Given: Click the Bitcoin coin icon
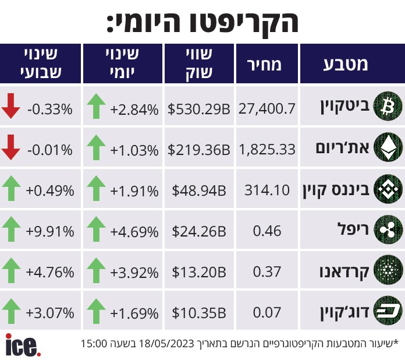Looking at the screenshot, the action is coord(388,106).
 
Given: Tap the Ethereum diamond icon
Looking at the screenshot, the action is coord(388,147).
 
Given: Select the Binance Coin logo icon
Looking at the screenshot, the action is coord(388,189).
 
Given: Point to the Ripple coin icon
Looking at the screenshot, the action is coord(388,230).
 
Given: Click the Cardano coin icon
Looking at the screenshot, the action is coord(388,270).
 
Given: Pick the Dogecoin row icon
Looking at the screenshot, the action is coord(388,311).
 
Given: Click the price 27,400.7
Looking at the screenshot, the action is coord(267,108).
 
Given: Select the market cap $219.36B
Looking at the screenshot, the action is coord(198,150).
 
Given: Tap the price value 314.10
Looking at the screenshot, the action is coord(267,190).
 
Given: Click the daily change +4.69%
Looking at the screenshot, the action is coord(134,232).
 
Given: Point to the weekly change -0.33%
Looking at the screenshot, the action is coord(50,109).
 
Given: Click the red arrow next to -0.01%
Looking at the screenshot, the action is coord(10,147).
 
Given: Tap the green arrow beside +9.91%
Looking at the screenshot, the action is coord(11,229).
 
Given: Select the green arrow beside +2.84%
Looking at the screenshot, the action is coord(96,106).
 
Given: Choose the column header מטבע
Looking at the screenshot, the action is coord(346,65).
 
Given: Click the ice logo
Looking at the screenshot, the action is coord(23,345).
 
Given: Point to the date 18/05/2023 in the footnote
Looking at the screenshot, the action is coord(166,344).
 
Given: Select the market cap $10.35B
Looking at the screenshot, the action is coord(199,313).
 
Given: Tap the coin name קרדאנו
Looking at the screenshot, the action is coord(344,272).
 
